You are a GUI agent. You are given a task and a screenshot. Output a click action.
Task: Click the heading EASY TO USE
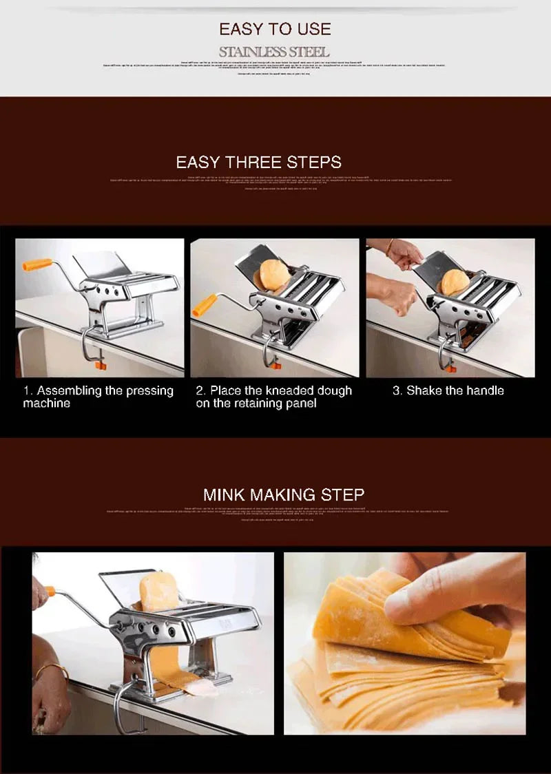(x=275, y=29)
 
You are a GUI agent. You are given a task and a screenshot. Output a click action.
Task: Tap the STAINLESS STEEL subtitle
(x=274, y=52)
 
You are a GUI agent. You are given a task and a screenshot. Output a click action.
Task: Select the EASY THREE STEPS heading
(x=258, y=163)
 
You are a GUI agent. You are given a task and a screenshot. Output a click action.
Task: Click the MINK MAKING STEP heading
(x=283, y=494)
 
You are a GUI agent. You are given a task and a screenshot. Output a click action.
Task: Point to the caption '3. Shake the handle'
(x=448, y=390)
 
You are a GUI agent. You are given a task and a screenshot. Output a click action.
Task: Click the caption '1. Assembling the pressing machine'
(x=98, y=397)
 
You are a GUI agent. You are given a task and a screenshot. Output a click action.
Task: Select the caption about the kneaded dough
(x=273, y=397)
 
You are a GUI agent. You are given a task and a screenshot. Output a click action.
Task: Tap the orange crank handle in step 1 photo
(x=37, y=264)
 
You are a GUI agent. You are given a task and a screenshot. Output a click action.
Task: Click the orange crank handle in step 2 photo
(x=205, y=305)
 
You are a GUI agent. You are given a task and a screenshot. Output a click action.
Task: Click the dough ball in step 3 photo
(x=455, y=282)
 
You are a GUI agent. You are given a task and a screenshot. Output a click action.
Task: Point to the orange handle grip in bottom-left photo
(x=50, y=591)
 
